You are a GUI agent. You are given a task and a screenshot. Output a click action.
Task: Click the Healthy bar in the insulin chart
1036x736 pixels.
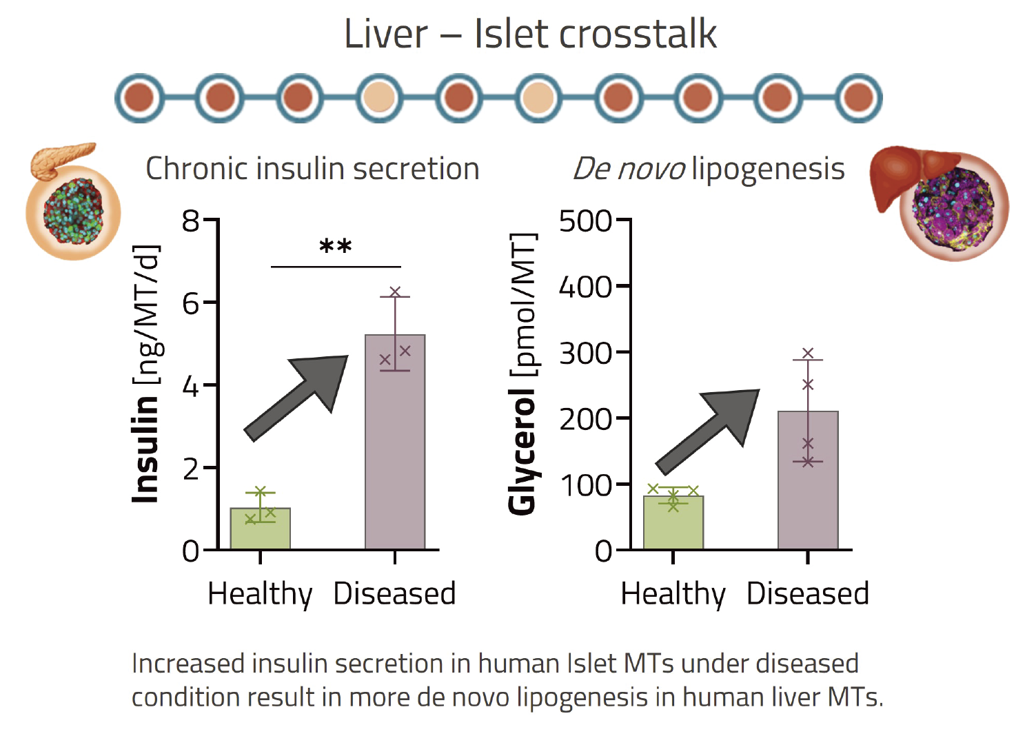(261, 529)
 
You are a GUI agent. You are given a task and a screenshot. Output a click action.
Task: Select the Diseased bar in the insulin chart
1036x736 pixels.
(395, 442)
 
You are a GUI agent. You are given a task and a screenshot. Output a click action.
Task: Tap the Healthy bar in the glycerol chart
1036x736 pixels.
(673, 522)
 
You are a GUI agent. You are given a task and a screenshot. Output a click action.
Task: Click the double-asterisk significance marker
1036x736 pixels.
(336, 247)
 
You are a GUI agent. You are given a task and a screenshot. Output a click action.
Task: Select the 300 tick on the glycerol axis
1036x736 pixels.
(585, 354)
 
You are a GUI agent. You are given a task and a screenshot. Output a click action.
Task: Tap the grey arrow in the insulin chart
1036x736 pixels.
(296, 398)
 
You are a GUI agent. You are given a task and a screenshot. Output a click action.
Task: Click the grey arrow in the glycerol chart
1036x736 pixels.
(708, 432)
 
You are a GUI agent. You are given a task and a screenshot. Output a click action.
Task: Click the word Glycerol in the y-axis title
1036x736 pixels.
(522, 451)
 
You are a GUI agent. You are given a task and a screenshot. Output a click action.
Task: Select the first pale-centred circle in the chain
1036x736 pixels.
(379, 98)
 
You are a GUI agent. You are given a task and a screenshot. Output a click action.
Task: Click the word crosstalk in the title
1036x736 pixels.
(638, 34)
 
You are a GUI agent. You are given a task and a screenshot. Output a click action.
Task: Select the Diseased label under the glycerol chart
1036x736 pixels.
(808, 593)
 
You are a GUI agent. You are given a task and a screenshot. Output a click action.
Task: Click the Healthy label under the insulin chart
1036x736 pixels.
(261, 595)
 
